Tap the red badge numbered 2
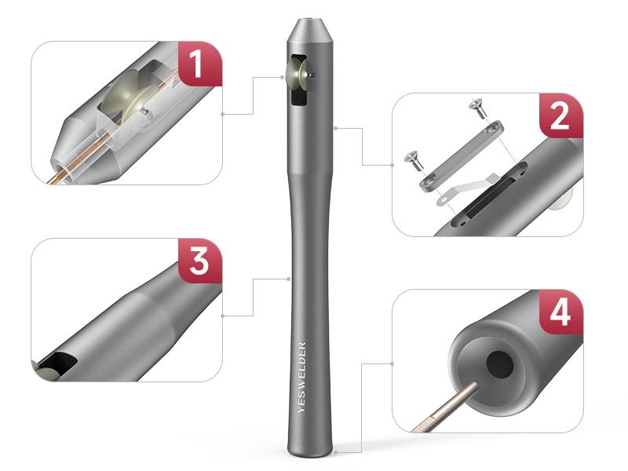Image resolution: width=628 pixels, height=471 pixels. pos(560,116)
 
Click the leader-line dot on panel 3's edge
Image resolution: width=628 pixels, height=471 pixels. pos(225,316)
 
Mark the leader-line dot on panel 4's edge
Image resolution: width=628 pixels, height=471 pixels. pos(392,363)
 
